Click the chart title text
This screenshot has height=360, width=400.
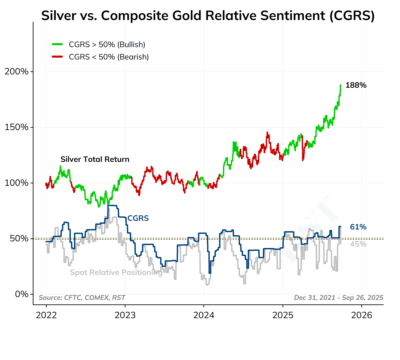[208, 16]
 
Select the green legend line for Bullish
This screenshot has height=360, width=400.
[57, 44]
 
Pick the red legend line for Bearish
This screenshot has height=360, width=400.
[57, 57]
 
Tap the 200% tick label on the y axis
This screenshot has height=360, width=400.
[16, 72]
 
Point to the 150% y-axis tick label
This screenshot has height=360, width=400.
[16, 127]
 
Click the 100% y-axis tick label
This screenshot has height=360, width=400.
[16, 183]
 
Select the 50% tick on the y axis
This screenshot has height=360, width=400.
[18, 239]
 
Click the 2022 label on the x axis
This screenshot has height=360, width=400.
[46, 315]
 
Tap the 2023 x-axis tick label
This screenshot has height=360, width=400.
[125, 315]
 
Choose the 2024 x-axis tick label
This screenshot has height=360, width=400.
[204, 315]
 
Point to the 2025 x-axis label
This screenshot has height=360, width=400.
[283, 315]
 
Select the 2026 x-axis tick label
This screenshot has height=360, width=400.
[362, 315]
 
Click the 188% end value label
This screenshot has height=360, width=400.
[356, 85]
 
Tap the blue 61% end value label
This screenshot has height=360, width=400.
[358, 227]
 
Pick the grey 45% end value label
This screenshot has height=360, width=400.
[358, 244]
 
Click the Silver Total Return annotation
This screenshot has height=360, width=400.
[95, 159]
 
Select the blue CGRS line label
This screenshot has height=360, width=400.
[138, 218]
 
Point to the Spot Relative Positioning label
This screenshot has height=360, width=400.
[116, 273]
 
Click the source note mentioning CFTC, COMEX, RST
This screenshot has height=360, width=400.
[82, 298]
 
